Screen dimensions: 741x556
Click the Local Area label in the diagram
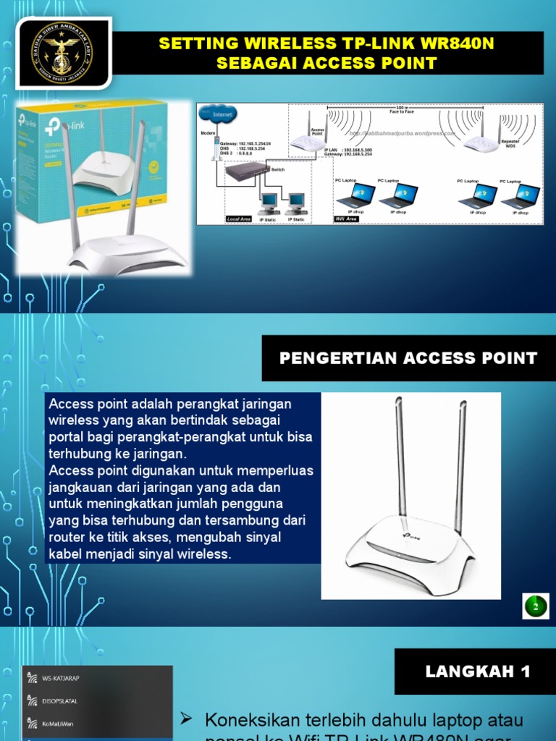[x=238, y=219]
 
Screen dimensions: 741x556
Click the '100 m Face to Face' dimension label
[x=402, y=110]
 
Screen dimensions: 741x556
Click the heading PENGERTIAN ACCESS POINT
[x=408, y=358]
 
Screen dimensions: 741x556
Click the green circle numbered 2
[x=536, y=606]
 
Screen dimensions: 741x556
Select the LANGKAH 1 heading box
[x=478, y=672]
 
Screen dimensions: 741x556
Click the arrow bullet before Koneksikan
[x=187, y=719]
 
